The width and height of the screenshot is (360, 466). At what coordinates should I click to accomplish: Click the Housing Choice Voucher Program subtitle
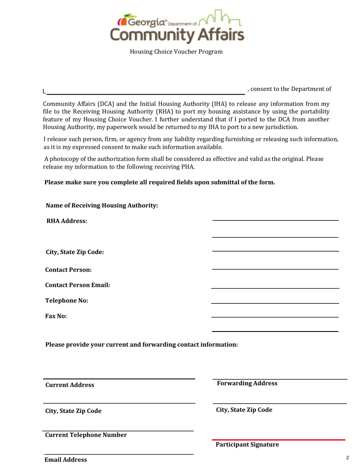176,52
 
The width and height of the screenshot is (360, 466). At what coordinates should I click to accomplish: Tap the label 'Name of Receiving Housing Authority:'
102,206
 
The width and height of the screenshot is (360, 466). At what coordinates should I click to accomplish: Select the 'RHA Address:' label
67,221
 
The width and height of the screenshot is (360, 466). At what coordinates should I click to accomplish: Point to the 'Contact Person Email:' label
78,285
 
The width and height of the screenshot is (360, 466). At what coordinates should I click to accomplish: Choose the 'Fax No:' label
56,316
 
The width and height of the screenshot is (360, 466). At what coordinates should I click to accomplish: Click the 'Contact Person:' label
69,270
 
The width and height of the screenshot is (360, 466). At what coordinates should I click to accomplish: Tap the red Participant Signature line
279,440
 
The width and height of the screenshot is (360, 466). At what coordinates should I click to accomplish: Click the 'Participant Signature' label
247,445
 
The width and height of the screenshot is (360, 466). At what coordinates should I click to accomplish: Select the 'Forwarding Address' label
247,383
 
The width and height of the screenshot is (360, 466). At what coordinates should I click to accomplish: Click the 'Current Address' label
70,385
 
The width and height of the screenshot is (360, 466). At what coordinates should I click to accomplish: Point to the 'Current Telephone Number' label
86,435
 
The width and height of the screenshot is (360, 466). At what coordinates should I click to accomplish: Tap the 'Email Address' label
66,460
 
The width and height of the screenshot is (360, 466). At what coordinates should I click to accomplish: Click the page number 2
347,458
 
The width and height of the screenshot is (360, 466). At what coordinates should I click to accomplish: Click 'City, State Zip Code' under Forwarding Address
244,410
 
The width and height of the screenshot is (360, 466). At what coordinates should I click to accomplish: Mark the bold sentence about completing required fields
160,182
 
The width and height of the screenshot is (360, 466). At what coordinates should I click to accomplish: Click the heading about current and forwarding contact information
142,345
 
